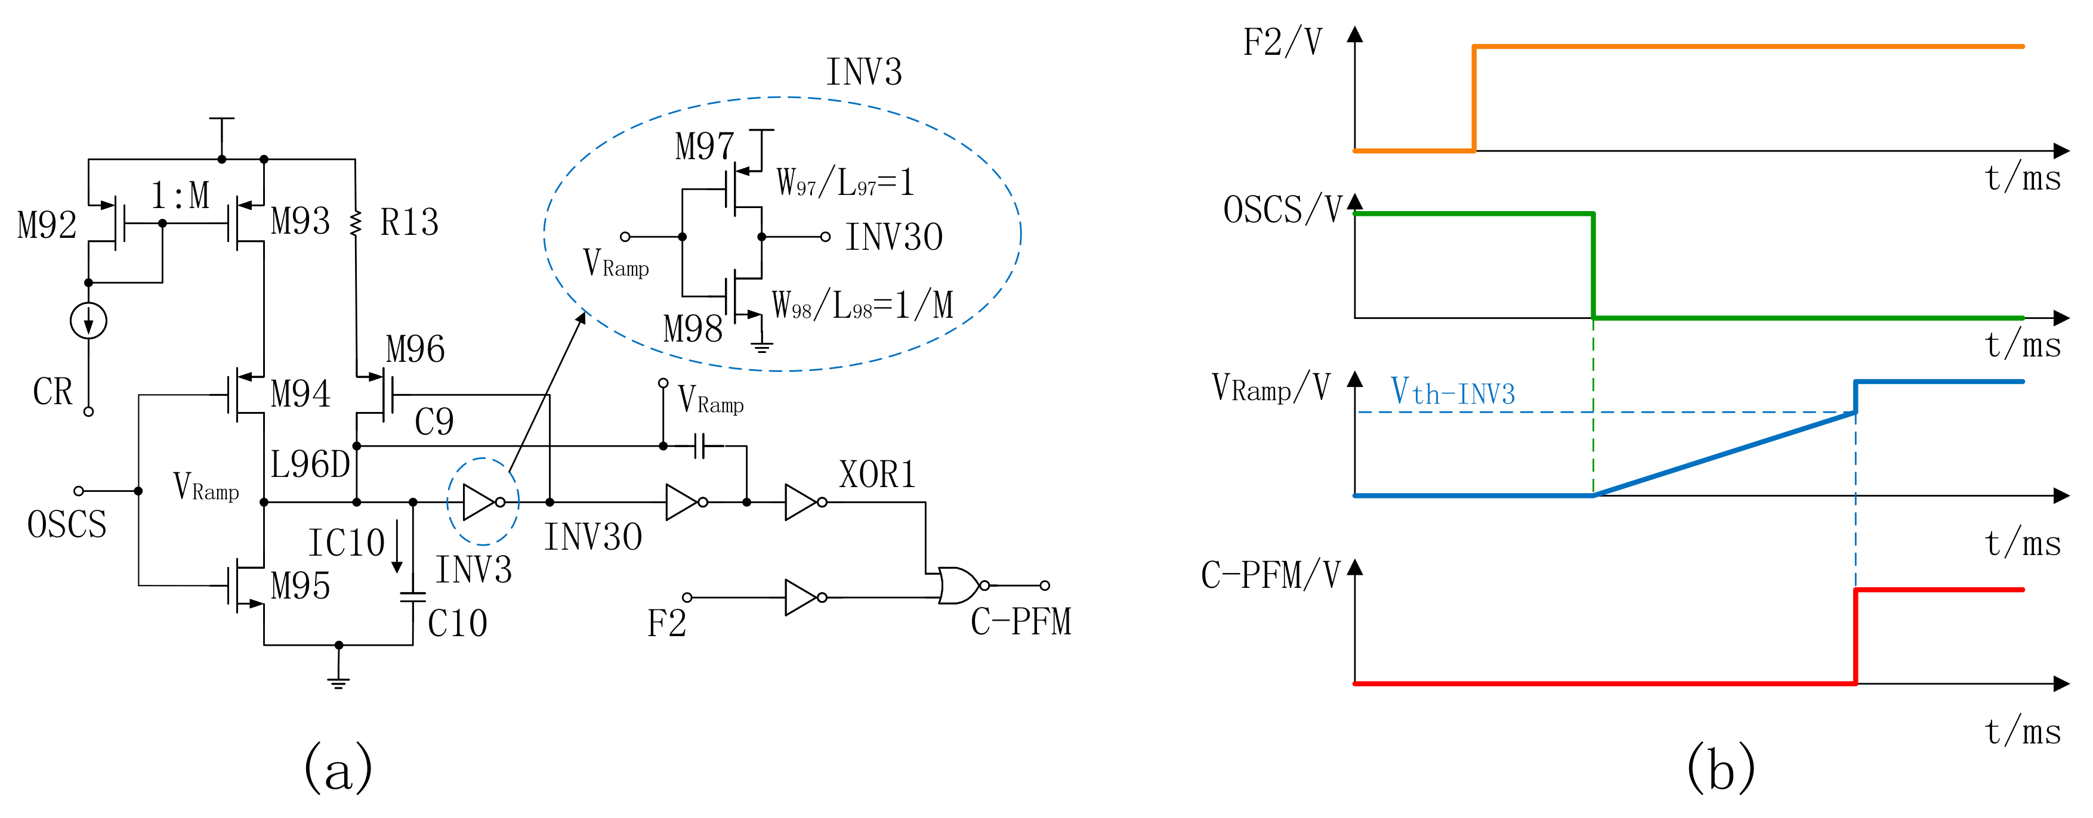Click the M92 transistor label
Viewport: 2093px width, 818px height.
coord(47,225)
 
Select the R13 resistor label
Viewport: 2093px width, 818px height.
coord(409,222)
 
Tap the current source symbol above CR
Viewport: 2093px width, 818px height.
coord(88,320)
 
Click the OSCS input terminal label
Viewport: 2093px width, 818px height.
coord(67,524)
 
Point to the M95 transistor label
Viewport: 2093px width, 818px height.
coord(300,585)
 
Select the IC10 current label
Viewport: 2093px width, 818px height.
coord(345,543)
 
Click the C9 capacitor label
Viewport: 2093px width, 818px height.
coord(434,422)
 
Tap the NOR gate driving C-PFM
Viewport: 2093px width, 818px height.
coord(959,585)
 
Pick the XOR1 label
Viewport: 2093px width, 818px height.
coord(876,475)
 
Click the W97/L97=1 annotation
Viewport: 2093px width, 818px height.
coord(845,182)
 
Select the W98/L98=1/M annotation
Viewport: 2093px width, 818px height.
coord(862,305)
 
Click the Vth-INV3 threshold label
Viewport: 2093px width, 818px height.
coord(1453,392)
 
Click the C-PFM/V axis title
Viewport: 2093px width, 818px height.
coord(1270,575)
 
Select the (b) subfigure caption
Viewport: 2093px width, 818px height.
coord(1720,768)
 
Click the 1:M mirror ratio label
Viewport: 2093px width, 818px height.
coord(180,196)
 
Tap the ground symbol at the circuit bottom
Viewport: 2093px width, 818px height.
coord(339,681)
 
